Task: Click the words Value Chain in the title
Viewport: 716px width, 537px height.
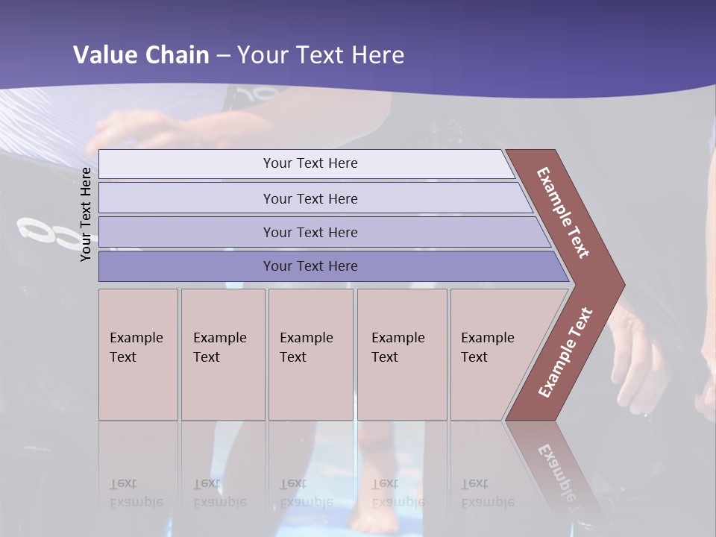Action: pyautogui.click(x=141, y=55)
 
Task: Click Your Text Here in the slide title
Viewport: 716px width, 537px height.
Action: pyautogui.click(x=321, y=55)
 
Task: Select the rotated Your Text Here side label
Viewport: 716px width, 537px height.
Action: pyautogui.click(x=86, y=214)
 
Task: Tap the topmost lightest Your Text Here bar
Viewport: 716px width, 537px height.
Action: pyautogui.click(x=310, y=163)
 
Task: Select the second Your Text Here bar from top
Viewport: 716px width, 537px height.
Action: pyautogui.click(x=310, y=198)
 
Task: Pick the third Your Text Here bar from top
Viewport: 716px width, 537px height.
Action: pyautogui.click(x=310, y=232)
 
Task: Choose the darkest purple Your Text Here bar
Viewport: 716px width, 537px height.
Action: pyautogui.click(x=310, y=266)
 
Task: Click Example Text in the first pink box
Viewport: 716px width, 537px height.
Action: pyautogui.click(x=136, y=347)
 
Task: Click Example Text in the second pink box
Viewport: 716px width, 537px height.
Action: pyautogui.click(x=219, y=347)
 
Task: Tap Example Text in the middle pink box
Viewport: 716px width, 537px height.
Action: pyautogui.click(x=306, y=347)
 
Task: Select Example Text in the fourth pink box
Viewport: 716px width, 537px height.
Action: pyautogui.click(x=398, y=347)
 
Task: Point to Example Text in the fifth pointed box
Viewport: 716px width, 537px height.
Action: pyautogui.click(x=487, y=347)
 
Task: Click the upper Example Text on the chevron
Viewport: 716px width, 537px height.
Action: pyautogui.click(x=563, y=213)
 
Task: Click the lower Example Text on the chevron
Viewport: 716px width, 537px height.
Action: pyautogui.click(x=565, y=352)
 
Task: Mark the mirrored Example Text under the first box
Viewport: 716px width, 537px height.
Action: pyautogui.click(x=136, y=493)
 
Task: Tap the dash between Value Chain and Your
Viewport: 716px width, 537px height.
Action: pyautogui.click(x=223, y=56)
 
